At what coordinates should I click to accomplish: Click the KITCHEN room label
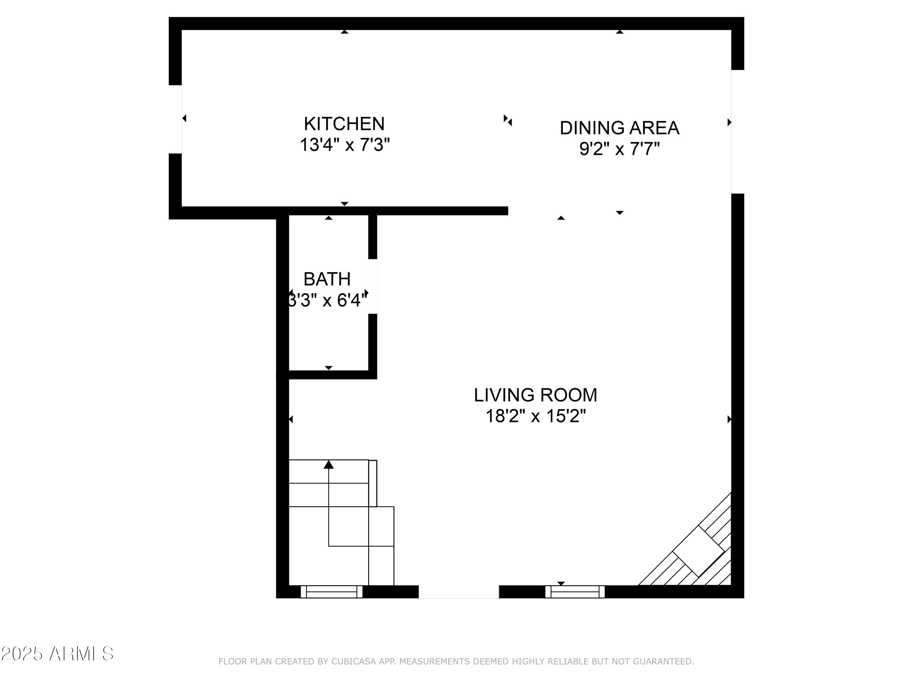pos(344,124)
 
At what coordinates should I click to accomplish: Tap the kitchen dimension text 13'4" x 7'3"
pos(344,145)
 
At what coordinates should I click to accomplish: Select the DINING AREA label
pos(619,128)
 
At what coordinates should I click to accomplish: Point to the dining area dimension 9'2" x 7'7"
pos(619,149)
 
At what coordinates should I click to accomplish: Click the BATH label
pos(327,279)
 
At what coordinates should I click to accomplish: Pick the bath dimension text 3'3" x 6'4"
pos(327,300)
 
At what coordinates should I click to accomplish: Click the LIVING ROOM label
pos(535,395)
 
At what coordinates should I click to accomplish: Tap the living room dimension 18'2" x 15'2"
pos(535,416)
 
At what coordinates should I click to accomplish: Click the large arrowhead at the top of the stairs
pos(329,465)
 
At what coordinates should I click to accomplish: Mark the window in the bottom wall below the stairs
pos(331,591)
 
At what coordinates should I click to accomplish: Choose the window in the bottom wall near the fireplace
pos(575,591)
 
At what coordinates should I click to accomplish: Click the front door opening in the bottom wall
pos(459,591)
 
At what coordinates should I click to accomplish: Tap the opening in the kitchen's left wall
pos(175,119)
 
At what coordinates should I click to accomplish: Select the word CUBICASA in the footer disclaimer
pos(354,662)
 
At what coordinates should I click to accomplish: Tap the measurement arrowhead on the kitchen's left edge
pos(184,118)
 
